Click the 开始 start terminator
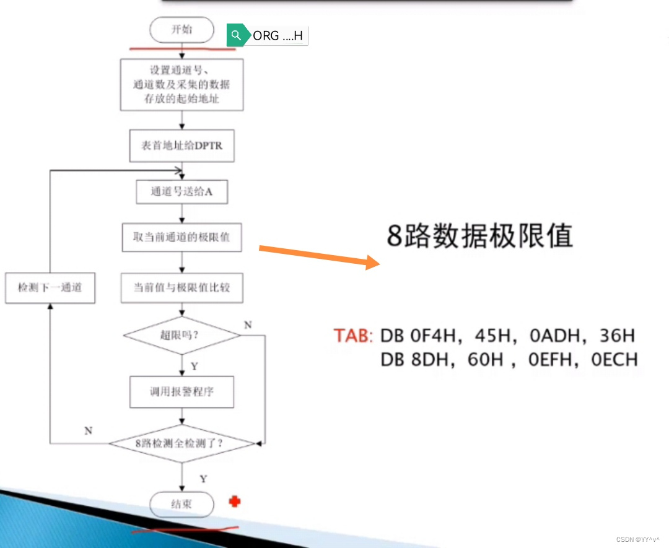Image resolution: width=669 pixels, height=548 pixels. tap(181, 30)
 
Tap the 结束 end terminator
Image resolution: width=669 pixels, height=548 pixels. tap(181, 505)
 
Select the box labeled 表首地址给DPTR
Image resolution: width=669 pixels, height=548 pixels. tap(181, 146)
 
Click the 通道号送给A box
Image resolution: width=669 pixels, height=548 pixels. tap(181, 192)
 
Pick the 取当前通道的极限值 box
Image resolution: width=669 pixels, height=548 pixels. tap(181, 238)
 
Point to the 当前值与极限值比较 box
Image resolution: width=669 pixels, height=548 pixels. tap(181, 288)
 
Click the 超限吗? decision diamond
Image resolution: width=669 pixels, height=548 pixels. tap(181, 336)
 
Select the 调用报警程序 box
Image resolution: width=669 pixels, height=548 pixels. tap(181, 391)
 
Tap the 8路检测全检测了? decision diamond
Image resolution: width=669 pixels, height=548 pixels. tap(181, 443)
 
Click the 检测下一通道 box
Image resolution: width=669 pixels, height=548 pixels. tap(50, 288)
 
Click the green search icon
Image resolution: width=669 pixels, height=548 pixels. tap(235, 36)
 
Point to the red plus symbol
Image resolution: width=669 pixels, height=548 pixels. tap(234, 501)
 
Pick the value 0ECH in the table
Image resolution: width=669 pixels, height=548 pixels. tap(614, 359)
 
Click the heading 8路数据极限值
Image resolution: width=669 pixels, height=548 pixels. tap(479, 236)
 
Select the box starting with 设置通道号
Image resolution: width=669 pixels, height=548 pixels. tap(181, 85)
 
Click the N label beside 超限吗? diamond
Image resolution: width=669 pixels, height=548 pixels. tap(248, 325)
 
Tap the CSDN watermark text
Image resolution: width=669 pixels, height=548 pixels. tap(638, 539)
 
